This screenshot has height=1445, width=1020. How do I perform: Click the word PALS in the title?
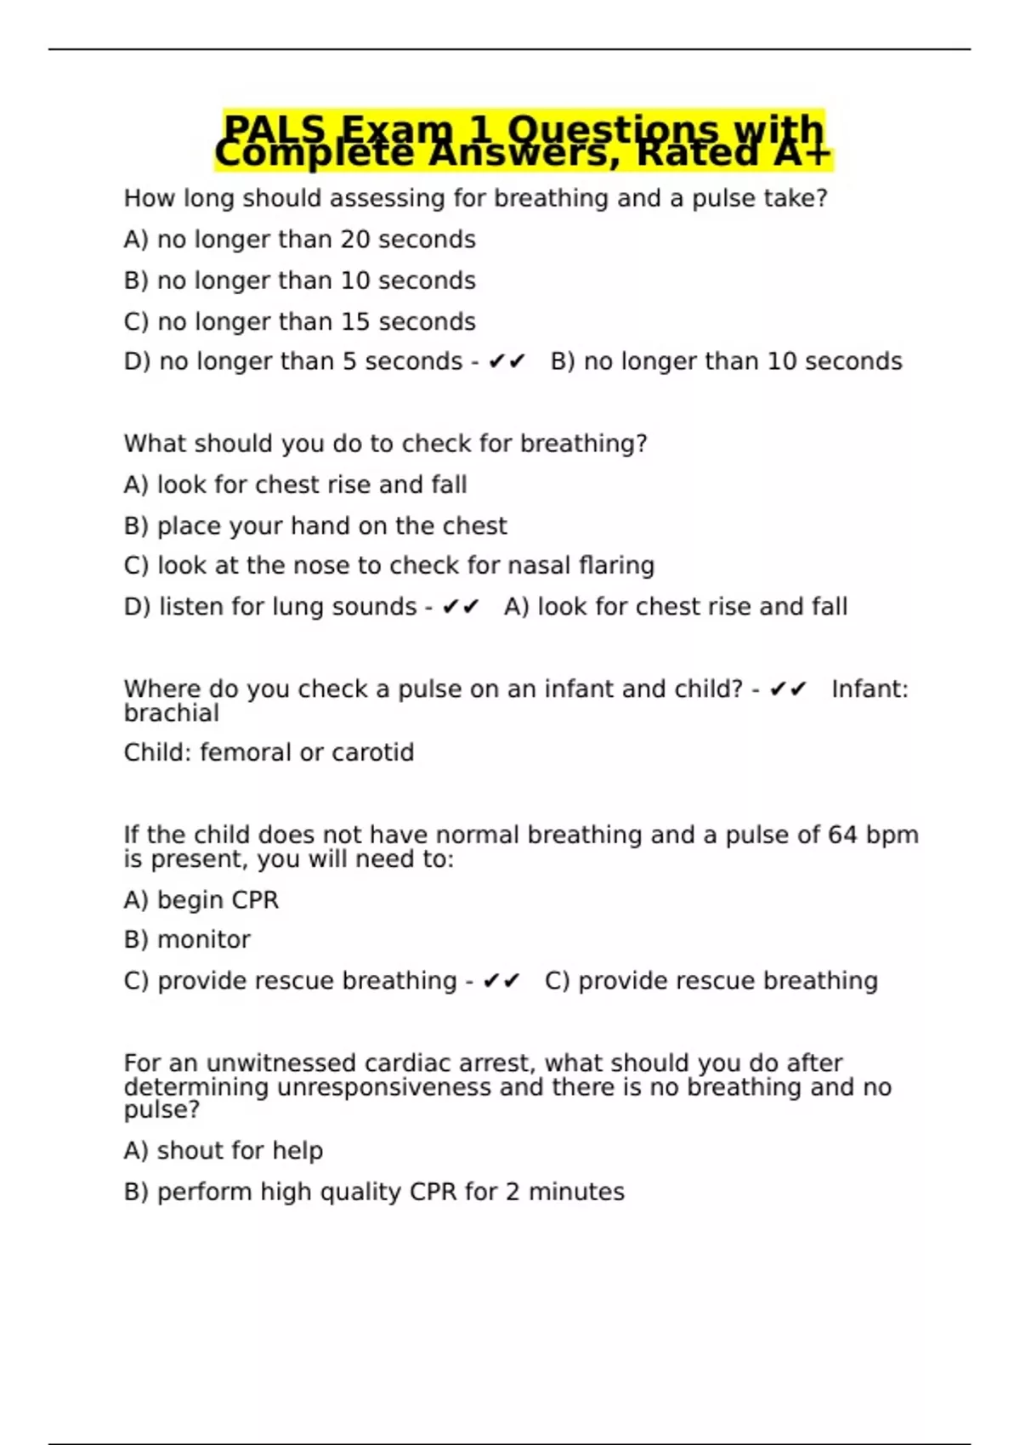coord(275,129)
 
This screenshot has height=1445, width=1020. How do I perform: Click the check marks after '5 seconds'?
coord(507,362)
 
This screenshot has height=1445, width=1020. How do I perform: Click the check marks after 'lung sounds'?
coord(461,607)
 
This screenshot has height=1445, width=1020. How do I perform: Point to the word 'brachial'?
coord(171,713)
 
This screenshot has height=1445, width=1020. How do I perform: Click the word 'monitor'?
coord(204,939)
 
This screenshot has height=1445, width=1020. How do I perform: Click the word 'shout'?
coord(182,1150)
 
